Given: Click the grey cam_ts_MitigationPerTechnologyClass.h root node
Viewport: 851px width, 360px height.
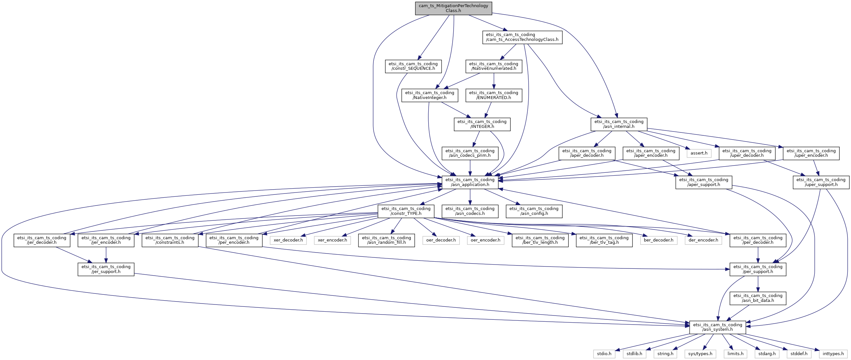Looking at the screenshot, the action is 453,8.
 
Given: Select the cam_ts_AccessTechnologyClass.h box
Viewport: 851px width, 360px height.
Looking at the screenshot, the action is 522,37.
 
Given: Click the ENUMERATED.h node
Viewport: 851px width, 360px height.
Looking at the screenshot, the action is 494,95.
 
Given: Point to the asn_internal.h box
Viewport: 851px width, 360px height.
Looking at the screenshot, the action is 619,124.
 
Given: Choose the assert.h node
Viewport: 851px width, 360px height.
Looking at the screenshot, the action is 699,153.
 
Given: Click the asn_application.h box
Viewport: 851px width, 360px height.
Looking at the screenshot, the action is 470,182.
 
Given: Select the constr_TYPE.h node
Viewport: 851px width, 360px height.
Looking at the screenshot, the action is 406,211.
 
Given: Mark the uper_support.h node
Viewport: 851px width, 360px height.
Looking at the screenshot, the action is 821,182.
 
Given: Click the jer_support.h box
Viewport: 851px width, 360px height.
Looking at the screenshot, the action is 106,269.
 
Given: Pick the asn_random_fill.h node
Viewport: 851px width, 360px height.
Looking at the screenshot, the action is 386,240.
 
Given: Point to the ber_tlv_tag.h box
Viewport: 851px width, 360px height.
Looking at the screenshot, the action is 604,240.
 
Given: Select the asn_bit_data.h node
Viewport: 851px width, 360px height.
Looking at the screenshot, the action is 758,298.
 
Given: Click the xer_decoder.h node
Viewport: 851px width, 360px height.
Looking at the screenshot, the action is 288,240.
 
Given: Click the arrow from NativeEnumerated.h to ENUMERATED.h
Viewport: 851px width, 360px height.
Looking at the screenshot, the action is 494,81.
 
